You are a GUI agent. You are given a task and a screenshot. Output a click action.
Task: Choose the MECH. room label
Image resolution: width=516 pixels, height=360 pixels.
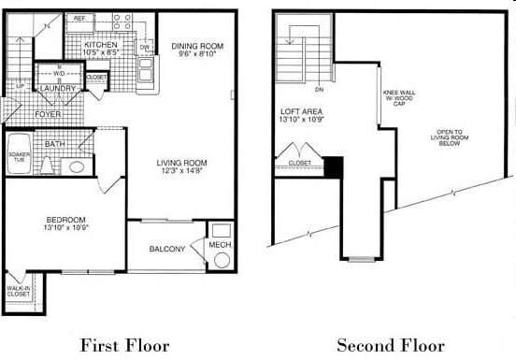click(220, 246)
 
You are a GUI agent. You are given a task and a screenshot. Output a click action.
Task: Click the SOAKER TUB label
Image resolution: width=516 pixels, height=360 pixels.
click(19, 157)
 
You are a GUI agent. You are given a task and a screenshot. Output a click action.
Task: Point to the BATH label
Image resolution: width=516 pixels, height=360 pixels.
click(54, 144)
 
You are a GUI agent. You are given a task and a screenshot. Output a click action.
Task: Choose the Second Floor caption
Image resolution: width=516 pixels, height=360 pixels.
click(391, 344)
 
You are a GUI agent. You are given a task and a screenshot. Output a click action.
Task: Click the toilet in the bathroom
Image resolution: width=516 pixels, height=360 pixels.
click(76, 166)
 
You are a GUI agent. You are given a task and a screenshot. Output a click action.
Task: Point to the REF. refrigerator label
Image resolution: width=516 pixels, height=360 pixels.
click(79, 18)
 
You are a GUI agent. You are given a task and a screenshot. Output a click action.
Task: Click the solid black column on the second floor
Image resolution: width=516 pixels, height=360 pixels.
click(333, 166)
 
